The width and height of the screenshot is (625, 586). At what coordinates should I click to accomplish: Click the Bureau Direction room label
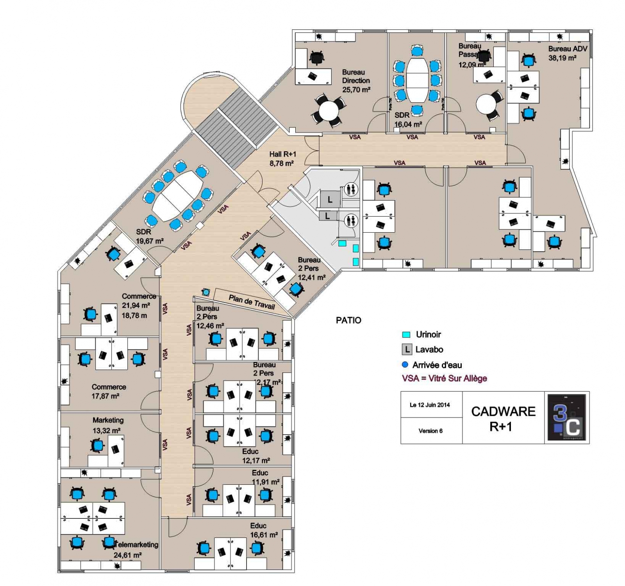[x=355, y=76]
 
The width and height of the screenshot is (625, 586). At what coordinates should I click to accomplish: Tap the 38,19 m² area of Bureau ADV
[x=562, y=58]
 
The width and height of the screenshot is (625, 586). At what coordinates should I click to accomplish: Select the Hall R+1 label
[x=282, y=154]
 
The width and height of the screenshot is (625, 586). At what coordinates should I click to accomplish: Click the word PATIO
[x=348, y=320]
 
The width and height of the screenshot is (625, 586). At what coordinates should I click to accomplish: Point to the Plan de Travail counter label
[x=252, y=302]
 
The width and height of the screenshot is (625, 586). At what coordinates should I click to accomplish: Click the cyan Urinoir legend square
[x=406, y=335]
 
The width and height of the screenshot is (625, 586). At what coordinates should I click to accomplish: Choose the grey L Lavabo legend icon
[x=407, y=349]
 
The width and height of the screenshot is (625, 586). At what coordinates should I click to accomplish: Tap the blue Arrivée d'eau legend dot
[x=405, y=365]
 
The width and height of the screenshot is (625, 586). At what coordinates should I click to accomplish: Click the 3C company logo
[x=566, y=417]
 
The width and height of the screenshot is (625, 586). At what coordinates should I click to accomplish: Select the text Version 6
[x=430, y=431]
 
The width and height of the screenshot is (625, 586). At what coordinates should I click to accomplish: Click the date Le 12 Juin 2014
[x=430, y=405]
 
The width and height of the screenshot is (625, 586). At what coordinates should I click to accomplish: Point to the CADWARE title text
[x=503, y=411]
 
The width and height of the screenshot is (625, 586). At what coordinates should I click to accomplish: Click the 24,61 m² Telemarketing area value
[x=127, y=555]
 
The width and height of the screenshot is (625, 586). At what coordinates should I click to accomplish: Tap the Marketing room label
[x=108, y=420]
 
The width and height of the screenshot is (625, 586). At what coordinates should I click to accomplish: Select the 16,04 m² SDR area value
[x=408, y=124]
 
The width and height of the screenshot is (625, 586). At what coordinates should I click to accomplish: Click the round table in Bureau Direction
[x=329, y=111]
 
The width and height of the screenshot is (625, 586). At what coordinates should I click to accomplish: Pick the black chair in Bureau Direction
[x=316, y=58]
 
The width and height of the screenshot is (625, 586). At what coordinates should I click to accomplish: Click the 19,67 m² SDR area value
[x=150, y=241]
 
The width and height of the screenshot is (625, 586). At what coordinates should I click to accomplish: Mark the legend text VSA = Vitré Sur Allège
[x=445, y=378]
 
